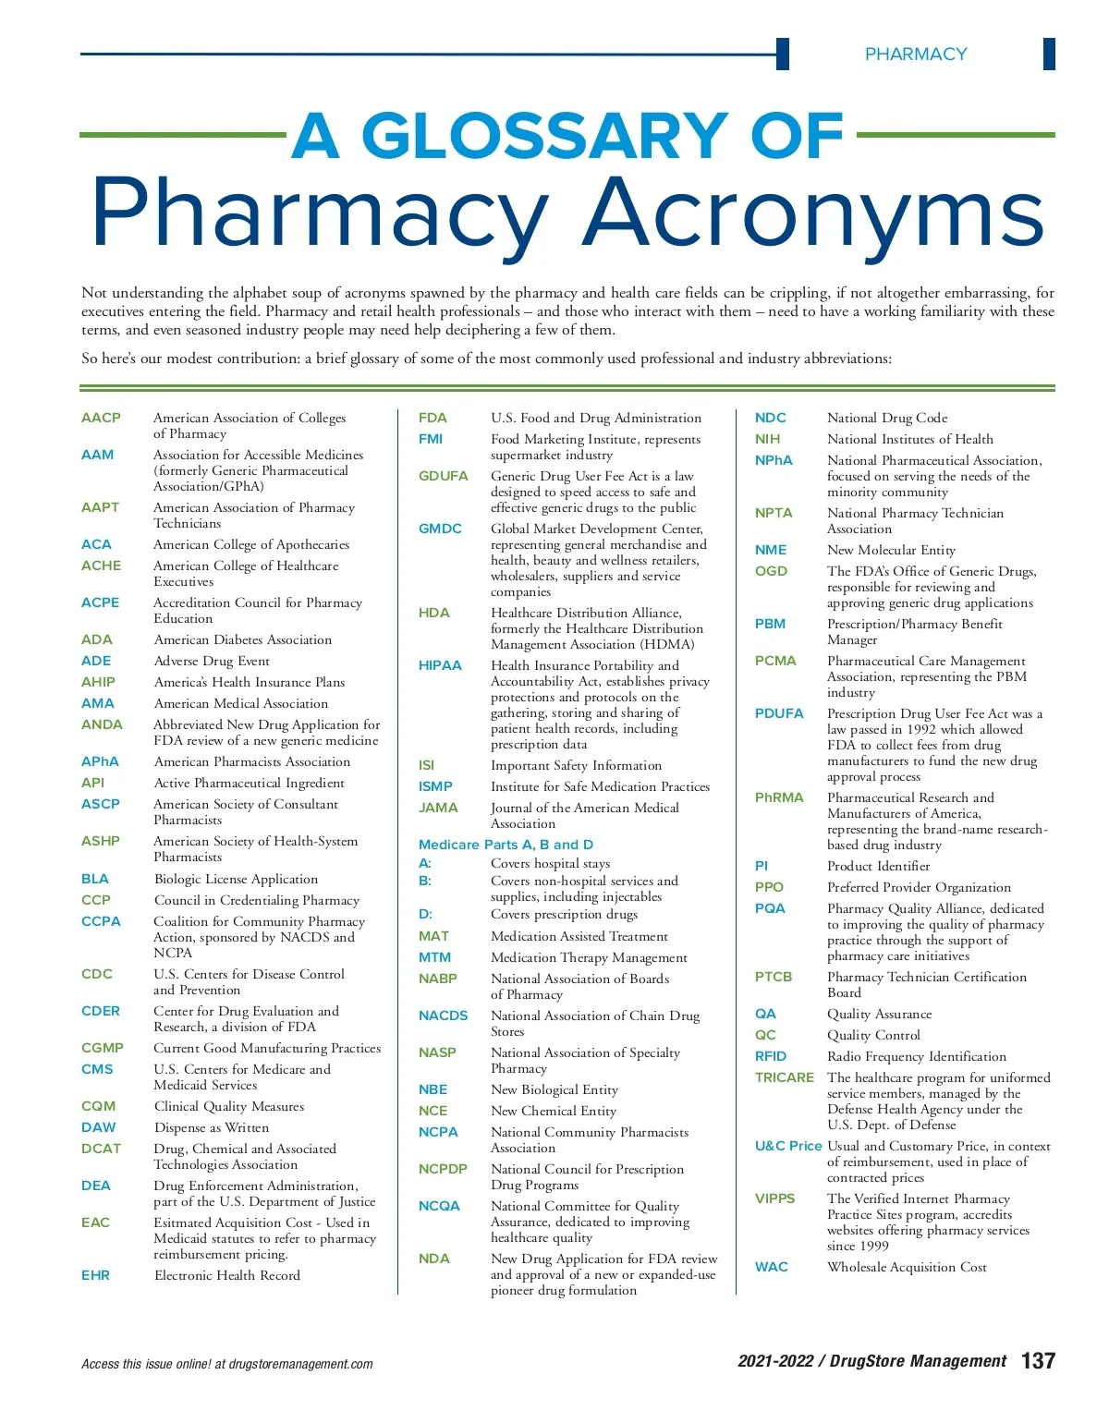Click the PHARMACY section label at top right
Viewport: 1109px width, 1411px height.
click(915, 55)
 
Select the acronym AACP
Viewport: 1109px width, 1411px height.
click(101, 418)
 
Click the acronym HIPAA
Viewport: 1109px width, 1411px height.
click(440, 665)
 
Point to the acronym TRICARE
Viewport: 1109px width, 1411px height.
click(785, 1077)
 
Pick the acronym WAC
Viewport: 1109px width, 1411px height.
click(771, 1267)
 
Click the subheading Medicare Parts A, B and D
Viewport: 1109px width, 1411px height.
click(506, 845)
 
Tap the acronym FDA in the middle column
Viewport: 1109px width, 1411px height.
click(433, 418)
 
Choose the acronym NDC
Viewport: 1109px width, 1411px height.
click(770, 418)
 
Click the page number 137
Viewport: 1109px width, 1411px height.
click(1038, 1360)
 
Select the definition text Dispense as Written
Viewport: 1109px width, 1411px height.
click(212, 1127)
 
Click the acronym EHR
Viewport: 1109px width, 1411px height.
click(95, 1275)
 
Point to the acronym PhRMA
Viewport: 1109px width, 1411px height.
click(779, 797)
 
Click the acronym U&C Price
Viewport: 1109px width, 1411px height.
click(787, 1146)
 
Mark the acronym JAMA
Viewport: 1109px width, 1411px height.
click(438, 808)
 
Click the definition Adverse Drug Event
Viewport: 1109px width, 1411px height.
click(212, 661)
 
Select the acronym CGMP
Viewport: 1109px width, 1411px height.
click(102, 1048)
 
